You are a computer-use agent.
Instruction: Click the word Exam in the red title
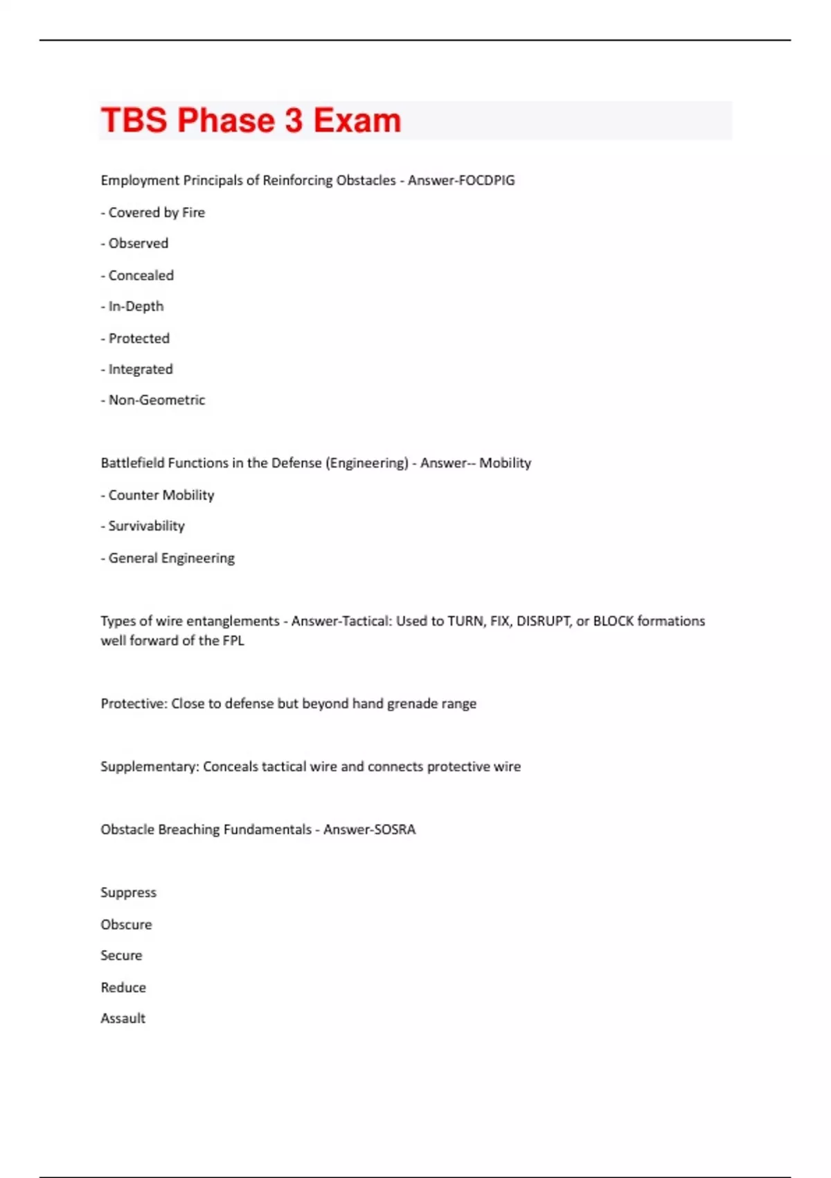click(357, 121)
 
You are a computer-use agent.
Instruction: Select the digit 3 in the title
click(294, 121)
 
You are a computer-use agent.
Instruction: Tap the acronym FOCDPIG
click(488, 181)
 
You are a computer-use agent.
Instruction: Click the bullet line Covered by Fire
click(153, 213)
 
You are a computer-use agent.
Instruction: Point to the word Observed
click(138, 244)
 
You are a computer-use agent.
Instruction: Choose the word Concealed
click(141, 276)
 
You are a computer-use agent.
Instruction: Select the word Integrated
click(141, 369)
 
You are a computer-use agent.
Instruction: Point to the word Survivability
click(146, 527)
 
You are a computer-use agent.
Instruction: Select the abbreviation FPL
click(233, 641)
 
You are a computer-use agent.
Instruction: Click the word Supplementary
click(150, 767)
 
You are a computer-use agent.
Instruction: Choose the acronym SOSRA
click(393, 830)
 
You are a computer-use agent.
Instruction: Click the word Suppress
click(128, 893)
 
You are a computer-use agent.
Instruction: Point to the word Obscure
click(126, 925)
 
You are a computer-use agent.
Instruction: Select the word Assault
click(123, 1019)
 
